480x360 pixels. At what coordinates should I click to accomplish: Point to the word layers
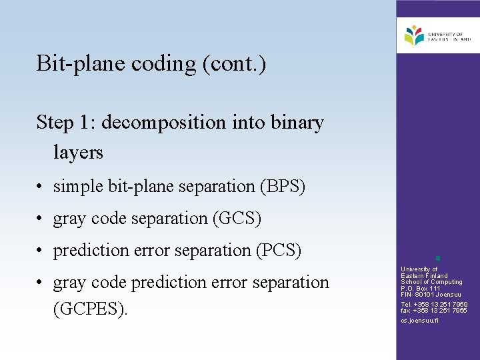pos(78,153)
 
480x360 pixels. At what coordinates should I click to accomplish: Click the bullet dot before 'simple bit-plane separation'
pos(41,187)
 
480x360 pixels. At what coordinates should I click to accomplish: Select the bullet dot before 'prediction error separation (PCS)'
pos(41,251)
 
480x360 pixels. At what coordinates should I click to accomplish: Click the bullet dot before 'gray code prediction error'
pos(41,283)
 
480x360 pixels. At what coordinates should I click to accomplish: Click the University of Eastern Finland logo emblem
pos(414,35)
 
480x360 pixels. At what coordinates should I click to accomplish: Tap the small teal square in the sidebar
pos(437,257)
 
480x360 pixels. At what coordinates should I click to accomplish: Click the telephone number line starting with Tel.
pos(434,305)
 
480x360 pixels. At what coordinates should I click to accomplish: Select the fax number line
pos(434,311)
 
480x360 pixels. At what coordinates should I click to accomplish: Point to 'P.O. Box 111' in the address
pos(421,288)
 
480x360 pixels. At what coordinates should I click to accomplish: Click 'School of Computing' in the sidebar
pos(431,282)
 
